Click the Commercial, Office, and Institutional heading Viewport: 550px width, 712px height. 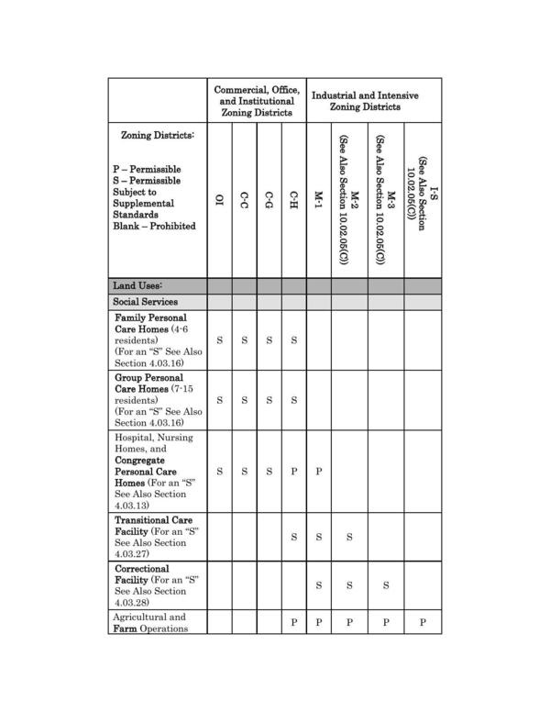click(256, 101)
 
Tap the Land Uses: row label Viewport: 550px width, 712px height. click(137, 285)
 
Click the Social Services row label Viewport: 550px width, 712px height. click(145, 302)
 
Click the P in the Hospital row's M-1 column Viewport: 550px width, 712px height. click(319, 472)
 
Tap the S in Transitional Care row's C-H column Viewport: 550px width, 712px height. click(294, 537)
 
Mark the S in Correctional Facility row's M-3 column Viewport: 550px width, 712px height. click(386, 585)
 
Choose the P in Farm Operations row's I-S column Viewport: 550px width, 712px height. click(423, 622)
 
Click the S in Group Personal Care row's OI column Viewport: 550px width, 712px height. click(219, 400)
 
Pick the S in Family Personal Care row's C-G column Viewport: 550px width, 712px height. click(269, 340)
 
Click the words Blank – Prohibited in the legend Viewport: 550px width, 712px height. click(154, 227)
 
